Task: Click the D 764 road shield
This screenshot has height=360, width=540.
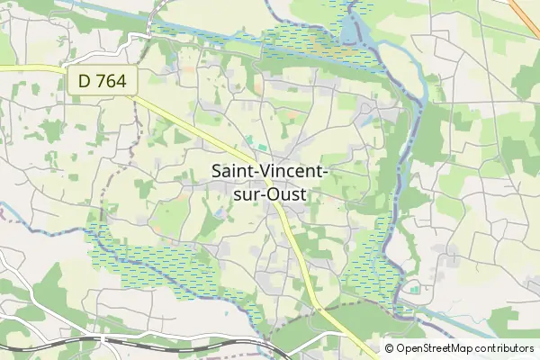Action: coord(102,80)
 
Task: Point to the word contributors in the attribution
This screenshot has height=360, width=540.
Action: coord(505,348)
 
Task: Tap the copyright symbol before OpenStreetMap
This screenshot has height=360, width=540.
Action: coord(389,348)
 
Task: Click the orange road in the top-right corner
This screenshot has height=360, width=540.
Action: coord(526,11)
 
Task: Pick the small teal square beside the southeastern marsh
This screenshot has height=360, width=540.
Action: coord(414,290)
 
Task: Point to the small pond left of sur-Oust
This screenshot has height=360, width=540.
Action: coord(221,212)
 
